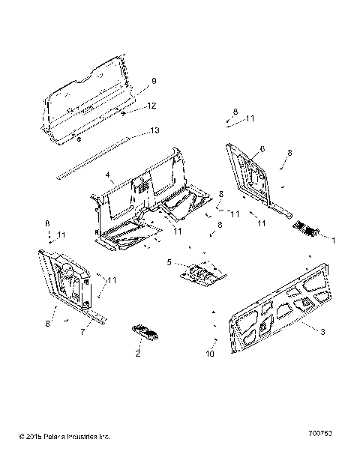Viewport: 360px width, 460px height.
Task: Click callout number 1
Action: coord(334,240)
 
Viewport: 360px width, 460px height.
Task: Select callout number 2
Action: coord(138,353)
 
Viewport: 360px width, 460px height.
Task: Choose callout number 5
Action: coord(169,261)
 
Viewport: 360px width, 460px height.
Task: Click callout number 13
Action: coord(154,130)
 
